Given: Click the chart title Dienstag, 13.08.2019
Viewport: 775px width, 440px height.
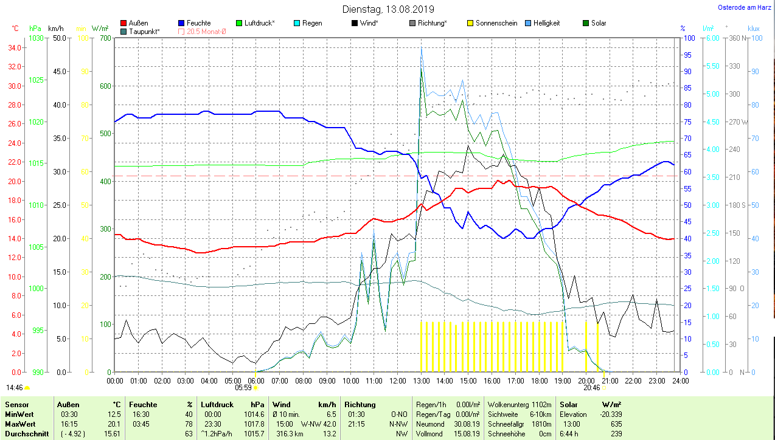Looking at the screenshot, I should (x=388, y=9).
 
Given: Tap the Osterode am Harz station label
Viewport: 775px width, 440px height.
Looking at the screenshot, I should (x=744, y=8).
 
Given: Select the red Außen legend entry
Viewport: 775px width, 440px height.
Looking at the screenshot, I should (x=137, y=23).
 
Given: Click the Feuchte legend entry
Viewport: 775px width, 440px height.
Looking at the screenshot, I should (x=198, y=23).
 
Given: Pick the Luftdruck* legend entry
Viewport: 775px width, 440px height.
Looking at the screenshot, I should (x=259, y=23).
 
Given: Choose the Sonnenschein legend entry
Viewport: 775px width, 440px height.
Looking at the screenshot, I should (x=496, y=23).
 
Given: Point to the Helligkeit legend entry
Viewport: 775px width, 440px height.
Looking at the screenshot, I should (x=546, y=23).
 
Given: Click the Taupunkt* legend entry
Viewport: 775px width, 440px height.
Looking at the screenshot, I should (x=144, y=31).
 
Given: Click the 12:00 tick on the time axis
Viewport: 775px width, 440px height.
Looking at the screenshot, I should (x=397, y=381).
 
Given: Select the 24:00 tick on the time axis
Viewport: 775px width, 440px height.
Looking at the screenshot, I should (x=679, y=381).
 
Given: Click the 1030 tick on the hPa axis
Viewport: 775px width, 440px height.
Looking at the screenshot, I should (x=36, y=38).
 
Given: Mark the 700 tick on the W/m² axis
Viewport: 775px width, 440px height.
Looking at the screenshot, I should (x=105, y=38).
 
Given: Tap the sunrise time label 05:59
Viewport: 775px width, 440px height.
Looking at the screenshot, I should (x=243, y=387).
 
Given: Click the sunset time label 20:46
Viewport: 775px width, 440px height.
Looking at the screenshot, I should (x=592, y=387).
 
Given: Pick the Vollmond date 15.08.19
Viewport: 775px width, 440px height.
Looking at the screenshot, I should (x=467, y=434).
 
